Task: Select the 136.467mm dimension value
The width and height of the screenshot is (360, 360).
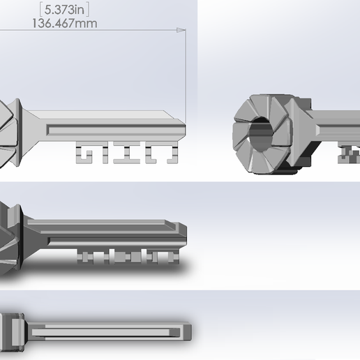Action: (64, 23)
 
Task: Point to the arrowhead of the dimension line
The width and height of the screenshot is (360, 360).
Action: (181, 31)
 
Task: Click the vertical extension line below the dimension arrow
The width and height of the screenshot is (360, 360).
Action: (186, 77)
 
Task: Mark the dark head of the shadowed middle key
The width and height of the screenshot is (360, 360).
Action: (12, 237)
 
